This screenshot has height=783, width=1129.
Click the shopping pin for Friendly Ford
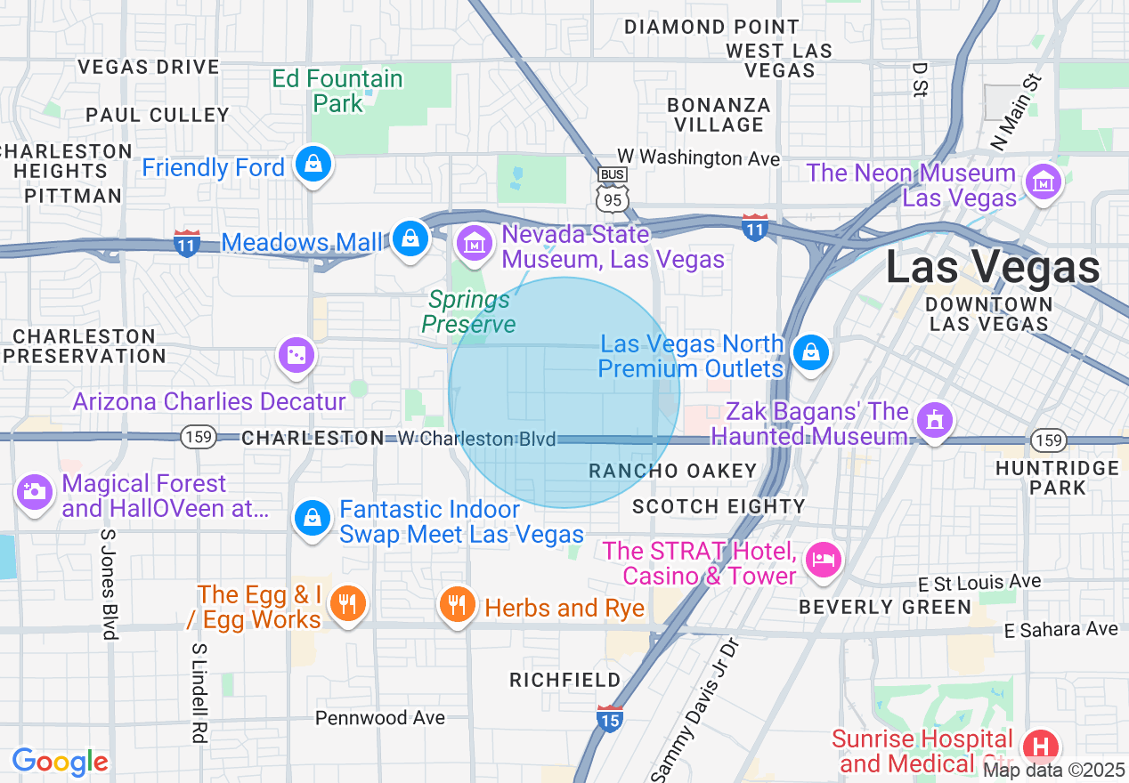click(313, 164)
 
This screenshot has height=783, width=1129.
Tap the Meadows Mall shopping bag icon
click(410, 238)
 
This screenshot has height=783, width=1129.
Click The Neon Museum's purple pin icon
click(1043, 182)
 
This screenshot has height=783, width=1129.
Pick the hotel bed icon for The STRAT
click(823, 560)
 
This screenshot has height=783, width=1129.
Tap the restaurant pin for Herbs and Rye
click(457, 606)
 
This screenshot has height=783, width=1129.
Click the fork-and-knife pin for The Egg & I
click(347, 604)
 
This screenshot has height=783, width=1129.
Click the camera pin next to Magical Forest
click(34, 491)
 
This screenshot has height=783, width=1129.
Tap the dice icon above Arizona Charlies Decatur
click(296, 356)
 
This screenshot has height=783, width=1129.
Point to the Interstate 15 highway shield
click(609, 717)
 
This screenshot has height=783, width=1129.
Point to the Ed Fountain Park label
click(337, 91)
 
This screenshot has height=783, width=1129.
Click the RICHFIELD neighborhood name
click(564, 680)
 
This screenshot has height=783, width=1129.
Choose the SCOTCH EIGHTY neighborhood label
click(719, 506)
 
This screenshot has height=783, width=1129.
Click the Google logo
click(60, 762)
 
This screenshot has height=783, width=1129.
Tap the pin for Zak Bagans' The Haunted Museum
click(934, 419)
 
